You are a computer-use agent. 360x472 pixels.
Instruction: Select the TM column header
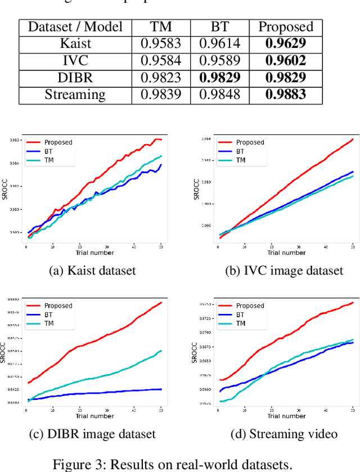[161, 27]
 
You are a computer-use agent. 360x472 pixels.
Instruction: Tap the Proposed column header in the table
[286, 27]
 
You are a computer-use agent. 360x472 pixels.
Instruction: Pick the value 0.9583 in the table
[161, 44]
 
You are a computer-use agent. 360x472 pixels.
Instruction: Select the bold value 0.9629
[286, 44]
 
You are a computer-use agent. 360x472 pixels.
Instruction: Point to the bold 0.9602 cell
[286, 61]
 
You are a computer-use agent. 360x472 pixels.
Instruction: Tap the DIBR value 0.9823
[161, 78]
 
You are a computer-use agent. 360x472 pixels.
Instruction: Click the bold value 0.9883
[286, 95]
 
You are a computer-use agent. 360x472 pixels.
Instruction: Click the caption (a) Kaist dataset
[92, 271]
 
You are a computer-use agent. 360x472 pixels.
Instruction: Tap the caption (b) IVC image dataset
[283, 271]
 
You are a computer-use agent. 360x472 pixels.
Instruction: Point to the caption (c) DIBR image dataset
[92, 434]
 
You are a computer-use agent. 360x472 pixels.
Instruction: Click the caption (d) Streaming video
[283, 434]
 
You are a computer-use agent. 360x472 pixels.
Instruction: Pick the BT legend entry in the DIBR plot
[49, 314]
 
